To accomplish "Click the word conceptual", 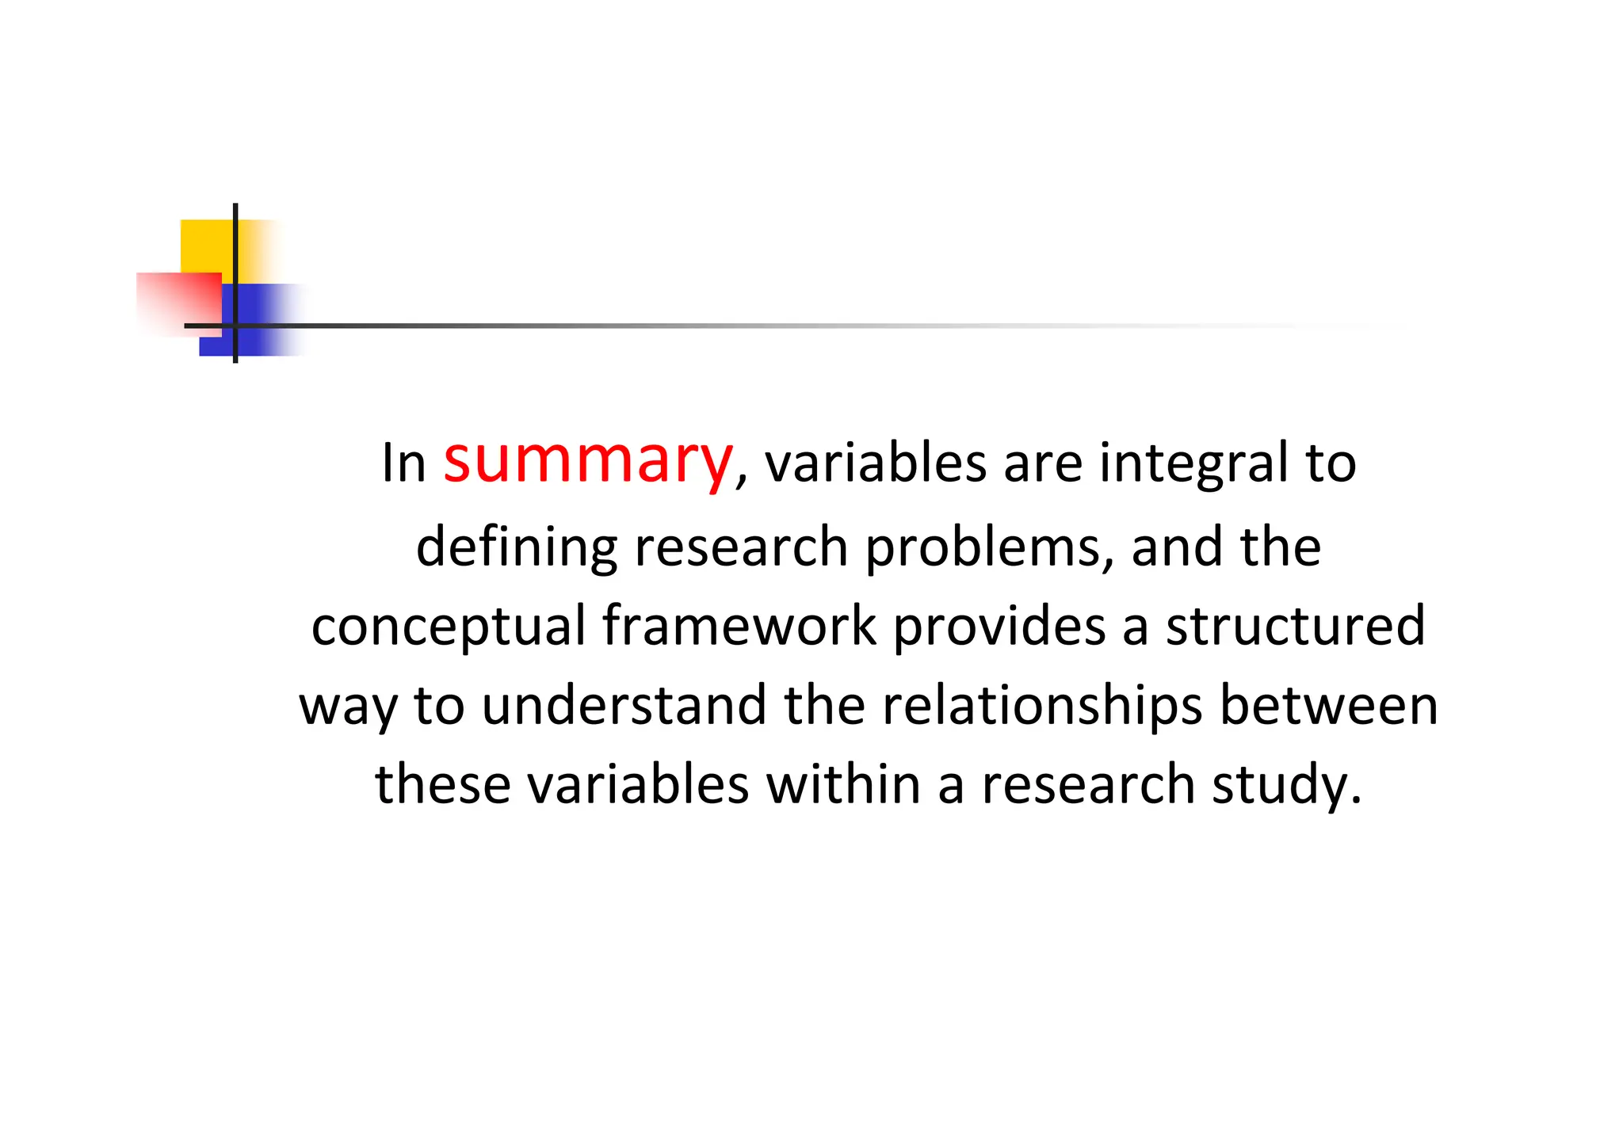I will click(449, 626).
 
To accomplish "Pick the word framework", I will click(739, 626).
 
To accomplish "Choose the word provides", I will click(999, 626).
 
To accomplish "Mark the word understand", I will click(624, 705).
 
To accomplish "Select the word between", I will click(1328, 705).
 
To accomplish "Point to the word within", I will click(843, 784).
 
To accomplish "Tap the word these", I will click(443, 784).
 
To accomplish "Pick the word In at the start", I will click(403, 463).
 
